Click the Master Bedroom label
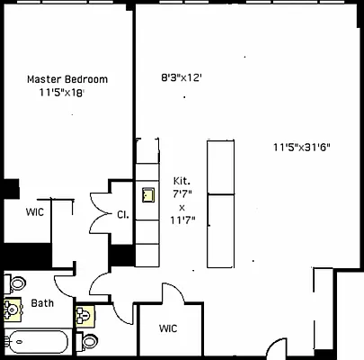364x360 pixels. pyautogui.click(x=67, y=79)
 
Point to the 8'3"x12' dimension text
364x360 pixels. pyautogui.click(x=181, y=78)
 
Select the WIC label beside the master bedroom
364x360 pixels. pyautogui.click(x=35, y=212)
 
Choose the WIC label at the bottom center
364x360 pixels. pyautogui.click(x=169, y=328)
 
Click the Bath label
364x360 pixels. pyautogui.click(x=42, y=303)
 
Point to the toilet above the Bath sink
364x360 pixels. pyautogui.click(x=16, y=283)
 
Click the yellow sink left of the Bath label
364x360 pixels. pyautogui.click(x=13, y=310)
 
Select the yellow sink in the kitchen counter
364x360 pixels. pyautogui.click(x=146, y=193)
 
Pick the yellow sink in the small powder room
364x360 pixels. pyautogui.click(x=84, y=316)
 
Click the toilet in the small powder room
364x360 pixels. pyautogui.click(x=88, y=342)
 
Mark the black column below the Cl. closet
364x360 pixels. pyautogui.click(x=121, y=255)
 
